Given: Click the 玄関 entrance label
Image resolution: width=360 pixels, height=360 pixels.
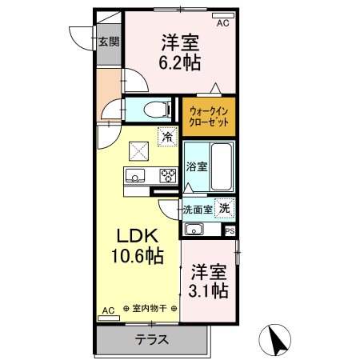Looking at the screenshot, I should (107, 42).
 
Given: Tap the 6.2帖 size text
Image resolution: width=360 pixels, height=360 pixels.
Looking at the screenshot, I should (180, 61).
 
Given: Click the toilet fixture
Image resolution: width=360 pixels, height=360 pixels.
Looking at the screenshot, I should (157, 110).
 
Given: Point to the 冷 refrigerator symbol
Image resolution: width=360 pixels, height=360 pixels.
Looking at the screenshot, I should (167, 136).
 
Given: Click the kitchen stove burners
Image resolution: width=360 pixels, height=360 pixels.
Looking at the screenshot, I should (167, 176).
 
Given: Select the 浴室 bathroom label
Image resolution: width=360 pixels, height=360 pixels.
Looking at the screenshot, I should (196, 167).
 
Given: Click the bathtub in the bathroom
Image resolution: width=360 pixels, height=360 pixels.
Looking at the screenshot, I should (220, 167).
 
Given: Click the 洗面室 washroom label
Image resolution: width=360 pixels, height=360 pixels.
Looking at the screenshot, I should (198, 210).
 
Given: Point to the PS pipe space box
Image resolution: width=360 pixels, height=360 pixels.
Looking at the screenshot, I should (230, 231).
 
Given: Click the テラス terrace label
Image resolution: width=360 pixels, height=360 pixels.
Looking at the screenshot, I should (152, 339).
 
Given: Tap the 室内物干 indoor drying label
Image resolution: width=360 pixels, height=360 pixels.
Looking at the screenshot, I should (150, 309).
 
